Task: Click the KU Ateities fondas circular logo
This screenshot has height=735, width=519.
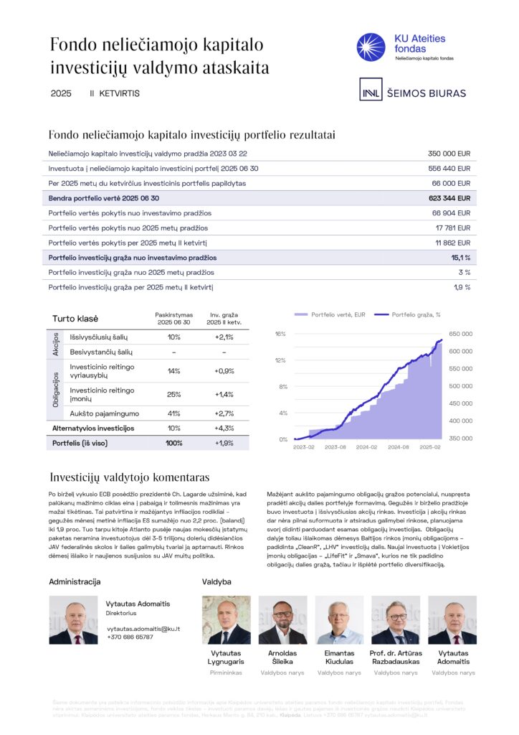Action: pyautogui.click(x=371, y=47)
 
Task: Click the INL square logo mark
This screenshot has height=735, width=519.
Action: pyautogui.click(x=370, y=93)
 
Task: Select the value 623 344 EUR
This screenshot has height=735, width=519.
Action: pyautogui.click(x=449, y=198)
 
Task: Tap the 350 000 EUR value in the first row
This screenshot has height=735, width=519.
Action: pyautogui.click(x=449, y=154)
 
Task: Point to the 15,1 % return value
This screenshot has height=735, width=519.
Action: pyautogui.click(x=460, y=257)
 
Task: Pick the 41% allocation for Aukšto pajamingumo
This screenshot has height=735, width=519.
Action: pyautogui.click(x=173, y=413)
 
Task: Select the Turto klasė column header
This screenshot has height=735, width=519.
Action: pyautogui.click(x=75, y=319)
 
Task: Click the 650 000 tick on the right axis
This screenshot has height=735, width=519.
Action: pyautogui.click(x=461, y=334)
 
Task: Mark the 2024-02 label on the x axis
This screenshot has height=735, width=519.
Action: pyautogui.click(x=366, y=446)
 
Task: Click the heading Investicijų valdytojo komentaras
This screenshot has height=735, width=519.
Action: pyautogui.click(x=129, y=477)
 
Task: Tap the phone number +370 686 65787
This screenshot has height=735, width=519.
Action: pyautogui.click(x=130, y=637)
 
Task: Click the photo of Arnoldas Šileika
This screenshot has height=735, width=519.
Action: pyautogui.click(x=282, y=619)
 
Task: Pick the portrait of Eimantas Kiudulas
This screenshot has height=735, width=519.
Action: pyautogui.click(x=339, y=619)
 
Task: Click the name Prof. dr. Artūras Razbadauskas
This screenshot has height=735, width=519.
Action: pyautogui.click(x=396, y=657)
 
